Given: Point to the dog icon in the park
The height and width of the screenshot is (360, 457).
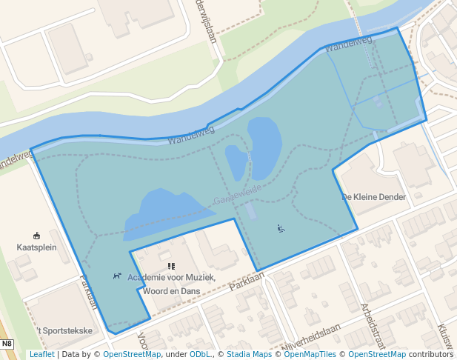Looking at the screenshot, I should tap(117, 276).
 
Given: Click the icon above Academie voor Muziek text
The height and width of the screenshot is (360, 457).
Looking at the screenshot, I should tap(171, 265).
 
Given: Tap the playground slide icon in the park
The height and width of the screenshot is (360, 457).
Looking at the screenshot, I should tap(281, 228).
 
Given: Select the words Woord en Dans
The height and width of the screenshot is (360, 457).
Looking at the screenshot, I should tap(172, 291).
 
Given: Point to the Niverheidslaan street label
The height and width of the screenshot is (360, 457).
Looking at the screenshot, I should tap(310, 343).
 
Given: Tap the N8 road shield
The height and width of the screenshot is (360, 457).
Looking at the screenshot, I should tap(7, 344).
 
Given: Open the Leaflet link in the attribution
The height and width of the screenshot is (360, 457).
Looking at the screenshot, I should tap(41, 354).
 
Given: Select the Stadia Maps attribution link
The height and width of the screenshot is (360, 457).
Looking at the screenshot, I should tap(248, 354).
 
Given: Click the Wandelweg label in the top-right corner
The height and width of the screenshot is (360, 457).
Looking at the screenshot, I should tap(348, 44).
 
